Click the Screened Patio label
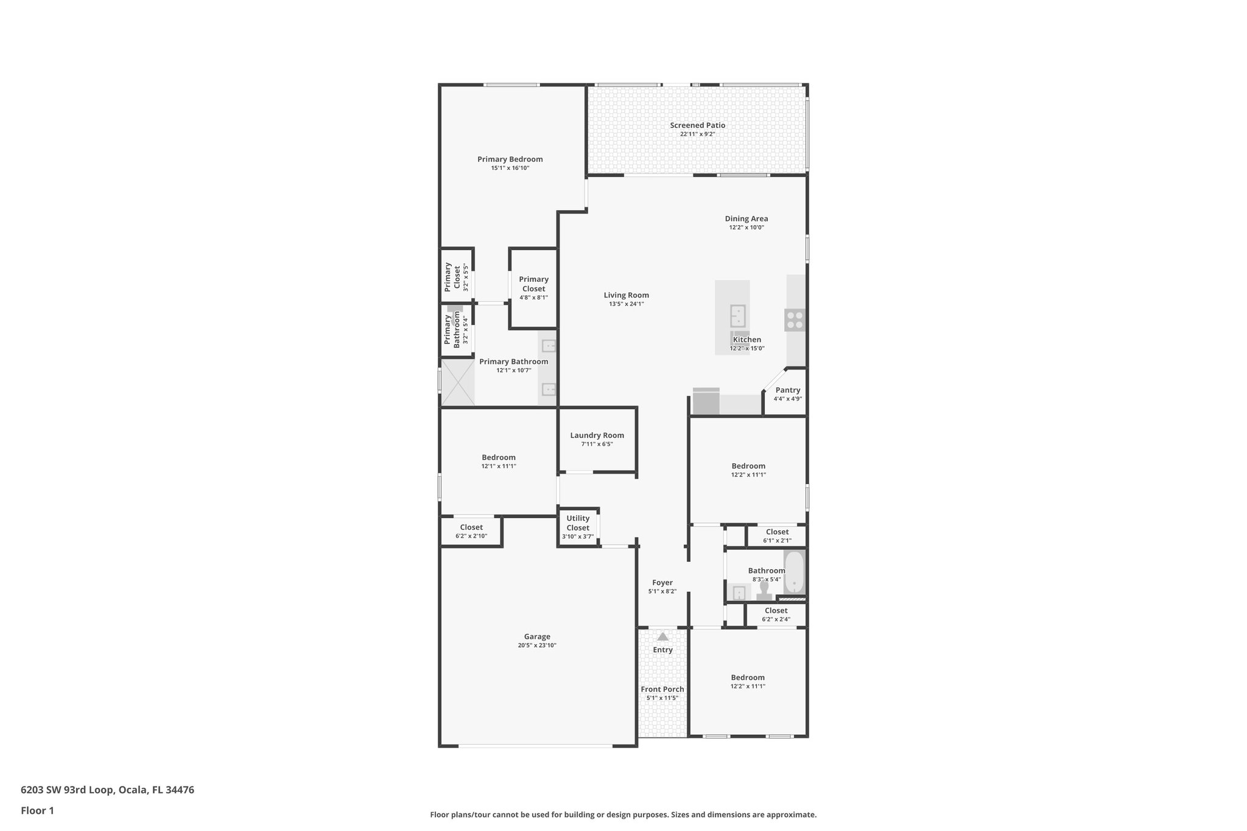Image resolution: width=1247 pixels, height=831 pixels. click(x=697, y=125)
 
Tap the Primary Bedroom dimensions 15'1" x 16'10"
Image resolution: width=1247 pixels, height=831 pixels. click(x=510, y=168)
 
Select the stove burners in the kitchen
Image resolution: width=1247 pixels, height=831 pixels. click(x=795, y=320)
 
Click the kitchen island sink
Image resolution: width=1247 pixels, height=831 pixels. click(x=738, y=316)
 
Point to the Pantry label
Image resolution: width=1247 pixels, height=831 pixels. click(x=787, y=390)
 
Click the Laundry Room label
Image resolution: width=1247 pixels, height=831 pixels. click(x=597, y=435)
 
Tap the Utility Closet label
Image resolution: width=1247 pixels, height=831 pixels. click(x=578, y=523)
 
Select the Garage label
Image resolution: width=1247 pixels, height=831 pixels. click(x=537, y=637)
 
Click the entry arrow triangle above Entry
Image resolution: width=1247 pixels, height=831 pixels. click(x=662, y=637)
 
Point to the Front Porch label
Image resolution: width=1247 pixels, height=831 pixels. click(x=662, y=689)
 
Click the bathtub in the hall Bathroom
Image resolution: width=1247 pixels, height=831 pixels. click(x=794, y=572)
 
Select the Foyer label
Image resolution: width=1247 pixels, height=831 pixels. click(x=662, y=583)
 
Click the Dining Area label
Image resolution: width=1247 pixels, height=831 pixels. click(x=746, y=219)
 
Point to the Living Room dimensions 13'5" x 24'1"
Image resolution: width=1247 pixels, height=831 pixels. click(x=626, y=304)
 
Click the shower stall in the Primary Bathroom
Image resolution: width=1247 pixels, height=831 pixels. click(x=457, y=382)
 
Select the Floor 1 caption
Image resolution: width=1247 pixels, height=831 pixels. click(x=37, y=810)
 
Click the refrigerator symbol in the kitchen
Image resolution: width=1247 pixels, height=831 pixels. click(x=706, y=402)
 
